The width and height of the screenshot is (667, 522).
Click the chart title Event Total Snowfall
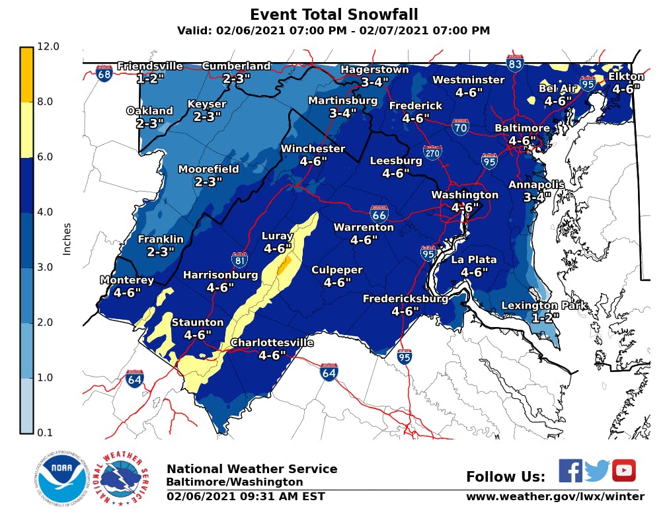[x=334, y=15]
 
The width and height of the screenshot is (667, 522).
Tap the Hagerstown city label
[x=374, y=69]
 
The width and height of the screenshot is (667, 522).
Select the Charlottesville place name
[x=271, y=343]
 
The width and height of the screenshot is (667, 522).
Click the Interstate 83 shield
[x=516, y=63]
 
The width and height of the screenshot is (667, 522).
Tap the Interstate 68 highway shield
[x=104, y=73]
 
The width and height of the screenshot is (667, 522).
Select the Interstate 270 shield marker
[x=432, y=153]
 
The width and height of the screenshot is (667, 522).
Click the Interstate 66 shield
[x=379, y=213]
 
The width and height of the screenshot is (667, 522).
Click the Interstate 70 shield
[x=461, y=127]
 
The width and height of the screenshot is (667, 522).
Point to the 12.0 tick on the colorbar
[x=48, y=46]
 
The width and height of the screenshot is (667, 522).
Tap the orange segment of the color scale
[x=26, y=75]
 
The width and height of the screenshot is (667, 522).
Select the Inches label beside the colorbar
[x=66, y=239]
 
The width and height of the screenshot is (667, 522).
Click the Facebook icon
[x=570, y=470]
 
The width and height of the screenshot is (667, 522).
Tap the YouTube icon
[x=623, y=470]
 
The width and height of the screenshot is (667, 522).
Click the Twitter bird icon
[x=597, y=470]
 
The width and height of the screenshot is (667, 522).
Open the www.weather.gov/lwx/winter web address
[x=555, y=496]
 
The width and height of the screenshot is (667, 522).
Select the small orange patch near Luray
[x=284, y=266]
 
